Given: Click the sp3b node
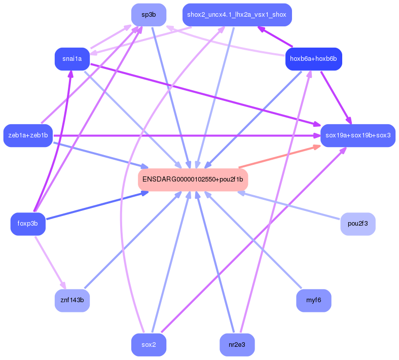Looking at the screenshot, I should point(149,15).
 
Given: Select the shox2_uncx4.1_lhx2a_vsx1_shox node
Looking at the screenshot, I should point(237,15).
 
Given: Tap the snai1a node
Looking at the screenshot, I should point(72,59).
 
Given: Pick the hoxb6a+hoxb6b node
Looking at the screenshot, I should point(314,59).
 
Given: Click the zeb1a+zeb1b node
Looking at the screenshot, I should point(28,135).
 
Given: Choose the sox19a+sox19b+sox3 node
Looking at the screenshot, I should point(357,135).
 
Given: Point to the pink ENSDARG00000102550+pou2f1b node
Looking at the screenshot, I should point(193,179).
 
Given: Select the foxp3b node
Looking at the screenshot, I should point(28,224).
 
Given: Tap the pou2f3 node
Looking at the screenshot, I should point(357,224).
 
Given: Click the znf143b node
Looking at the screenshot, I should point(72,301).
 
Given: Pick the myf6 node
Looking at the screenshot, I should point(313,301).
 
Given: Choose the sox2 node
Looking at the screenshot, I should point(149,345).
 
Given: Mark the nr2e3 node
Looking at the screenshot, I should point(237,345).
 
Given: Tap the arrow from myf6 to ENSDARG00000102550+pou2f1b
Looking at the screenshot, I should point(253,240).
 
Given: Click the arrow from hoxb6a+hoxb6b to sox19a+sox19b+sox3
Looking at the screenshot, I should point(335,97).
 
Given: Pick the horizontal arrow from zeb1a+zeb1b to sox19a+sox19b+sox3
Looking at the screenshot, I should point(188,135).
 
